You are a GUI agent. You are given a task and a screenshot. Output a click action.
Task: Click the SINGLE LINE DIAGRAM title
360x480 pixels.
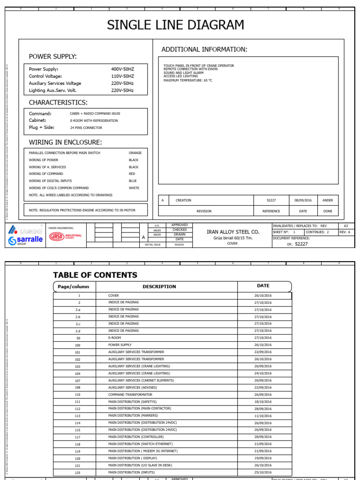(175, 25)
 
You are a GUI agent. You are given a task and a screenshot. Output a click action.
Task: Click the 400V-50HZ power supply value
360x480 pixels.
(122, 69)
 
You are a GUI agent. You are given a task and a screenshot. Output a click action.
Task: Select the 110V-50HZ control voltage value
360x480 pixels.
(122, 76)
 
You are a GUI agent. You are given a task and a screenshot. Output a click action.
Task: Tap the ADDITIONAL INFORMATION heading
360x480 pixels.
(204, 50)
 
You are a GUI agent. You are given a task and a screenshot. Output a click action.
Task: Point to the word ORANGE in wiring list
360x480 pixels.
(135, 153)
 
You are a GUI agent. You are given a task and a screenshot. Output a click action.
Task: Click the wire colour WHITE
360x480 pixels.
(134, 188)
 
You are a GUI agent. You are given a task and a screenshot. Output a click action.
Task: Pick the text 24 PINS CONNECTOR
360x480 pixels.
(87, 127)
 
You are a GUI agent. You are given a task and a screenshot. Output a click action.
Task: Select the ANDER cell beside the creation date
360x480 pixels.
(328, 200)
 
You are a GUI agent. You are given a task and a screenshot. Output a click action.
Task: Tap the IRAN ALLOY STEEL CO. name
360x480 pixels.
(232, 232)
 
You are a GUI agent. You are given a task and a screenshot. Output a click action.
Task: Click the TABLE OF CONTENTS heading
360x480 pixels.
(95, 275)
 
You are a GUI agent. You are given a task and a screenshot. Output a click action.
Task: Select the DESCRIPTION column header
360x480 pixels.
(159, 286)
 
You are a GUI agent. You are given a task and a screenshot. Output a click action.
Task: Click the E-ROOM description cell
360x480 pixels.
(114, 337)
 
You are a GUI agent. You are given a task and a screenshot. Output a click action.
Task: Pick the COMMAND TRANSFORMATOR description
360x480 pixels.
(130, 395)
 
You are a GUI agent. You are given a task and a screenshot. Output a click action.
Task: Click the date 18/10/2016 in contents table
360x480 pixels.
(263, 402)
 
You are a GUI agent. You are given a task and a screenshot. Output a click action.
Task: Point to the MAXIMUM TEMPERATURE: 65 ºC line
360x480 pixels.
(187, 81)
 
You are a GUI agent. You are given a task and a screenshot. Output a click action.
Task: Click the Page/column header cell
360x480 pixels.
(73, 286)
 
